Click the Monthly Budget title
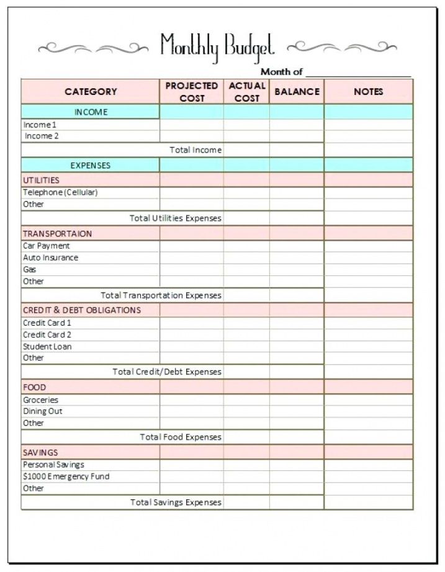pyautogui.click(x=217, y=47)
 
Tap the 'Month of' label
pyautogui.click(x=281, y=72)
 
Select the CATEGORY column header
pyautogui.click(x=91, y=92)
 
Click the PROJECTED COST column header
pyautogui.click(x=192, y=92)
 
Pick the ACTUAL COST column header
pyautogui.click(x=247, y=92)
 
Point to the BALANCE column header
pyautogui.click(x=297, y=92)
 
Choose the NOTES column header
pyautogui.click(x=369, y=92)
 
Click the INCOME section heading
pyautogui.click(x=91, y=112)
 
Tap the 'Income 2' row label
pyautogui.click(x=42, y=136)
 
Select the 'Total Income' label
pyautogui.click(x=196, y=150)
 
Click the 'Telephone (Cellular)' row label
pyautogui.click(x=60, y=192)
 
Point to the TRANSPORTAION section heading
pyautogui.click(x=57, y=234)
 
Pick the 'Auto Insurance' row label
pyautogui.click(x=50, y=257)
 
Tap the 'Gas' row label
pyautogui.click(x=30, y=269)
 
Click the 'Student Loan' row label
pyautogui.click(x=47, y=346)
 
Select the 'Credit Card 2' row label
pyautogui.click(x=47, y=334)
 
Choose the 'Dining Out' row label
pyautogui.click(x=43, y=411)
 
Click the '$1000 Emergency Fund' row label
pyautogui.click(x=66, y=476)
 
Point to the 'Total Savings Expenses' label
pyautogui.click(x=176, y=503)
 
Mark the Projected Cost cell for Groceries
pyautogui.click(x=192, y=400)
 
